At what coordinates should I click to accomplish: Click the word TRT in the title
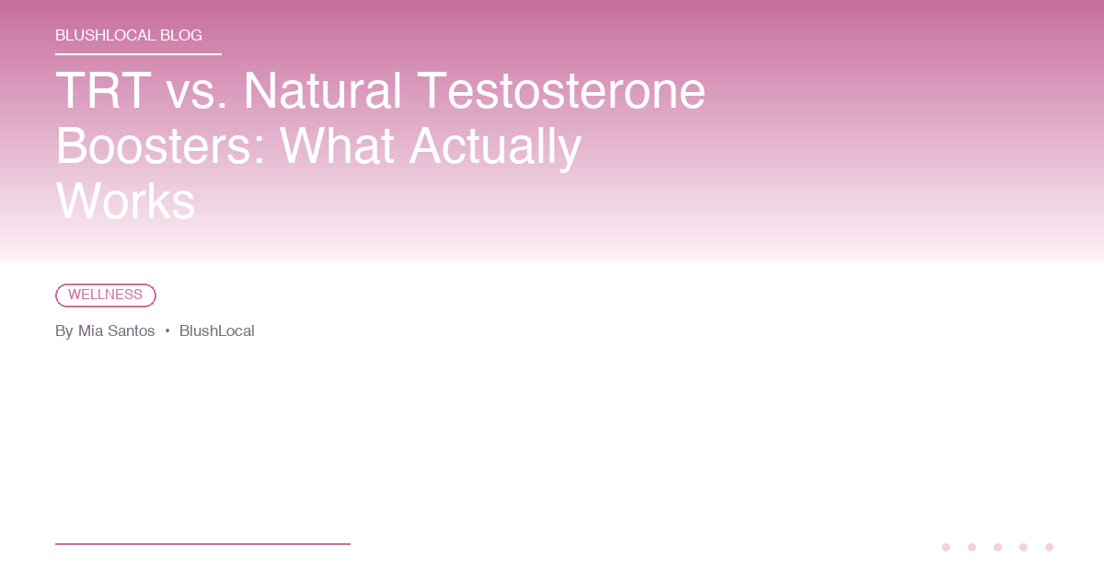pos(103,91)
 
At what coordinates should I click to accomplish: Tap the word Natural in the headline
pos(322,91)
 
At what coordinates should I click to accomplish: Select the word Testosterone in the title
pos(561,91)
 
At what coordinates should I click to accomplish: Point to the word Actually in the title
pos(495,145)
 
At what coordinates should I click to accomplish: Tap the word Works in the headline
pos(125,201)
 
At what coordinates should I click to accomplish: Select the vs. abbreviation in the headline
pos(196,91)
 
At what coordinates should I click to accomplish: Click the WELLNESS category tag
pos(106,296)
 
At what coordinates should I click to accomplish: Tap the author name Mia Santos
pos(116,331)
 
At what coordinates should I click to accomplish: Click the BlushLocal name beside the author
pos(216,331)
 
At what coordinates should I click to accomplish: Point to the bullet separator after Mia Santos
pos(167,331)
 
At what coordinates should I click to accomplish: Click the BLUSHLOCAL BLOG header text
pos(129,36)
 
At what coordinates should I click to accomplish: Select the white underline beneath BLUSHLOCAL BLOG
pos(138,54)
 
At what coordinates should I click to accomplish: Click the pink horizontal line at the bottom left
pos(202,544)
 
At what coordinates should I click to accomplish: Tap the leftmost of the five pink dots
pos(946,547)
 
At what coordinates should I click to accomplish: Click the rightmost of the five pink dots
pos(1049,547)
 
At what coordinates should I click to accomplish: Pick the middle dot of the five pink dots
pos(997,547)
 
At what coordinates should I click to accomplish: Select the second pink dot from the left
pos(972,547)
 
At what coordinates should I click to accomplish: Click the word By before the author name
pos(63,331)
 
